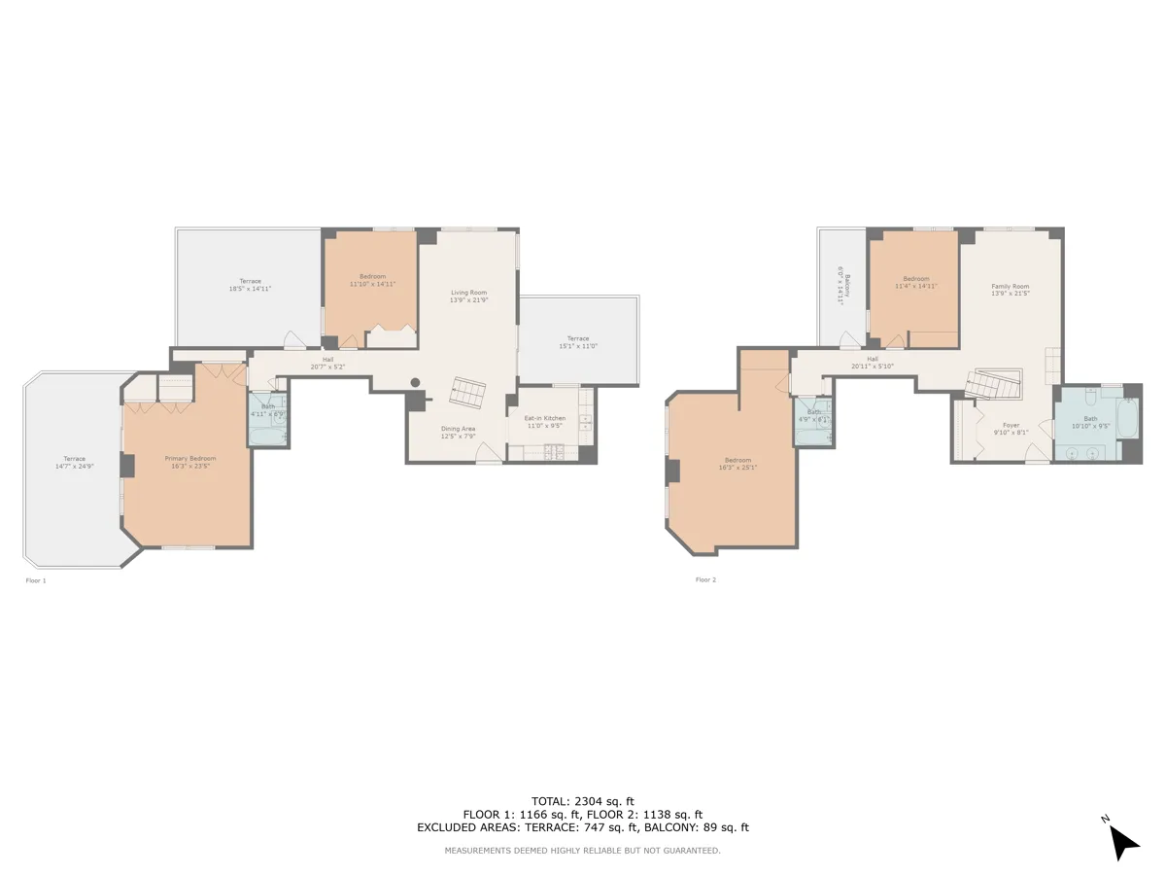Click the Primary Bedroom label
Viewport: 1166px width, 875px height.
point(189,462)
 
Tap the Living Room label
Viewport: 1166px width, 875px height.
point(468,296)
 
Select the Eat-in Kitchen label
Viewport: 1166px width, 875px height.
point(544,421)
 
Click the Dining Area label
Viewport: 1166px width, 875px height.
point(458,432)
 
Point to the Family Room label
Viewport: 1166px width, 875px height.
point(1010,290)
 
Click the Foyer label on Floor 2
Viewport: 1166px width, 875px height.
point(1011,429)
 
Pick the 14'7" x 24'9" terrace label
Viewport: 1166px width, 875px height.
point(74,462)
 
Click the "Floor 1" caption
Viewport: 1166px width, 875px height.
point(36,580)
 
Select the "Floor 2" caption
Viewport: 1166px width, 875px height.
point(705,580)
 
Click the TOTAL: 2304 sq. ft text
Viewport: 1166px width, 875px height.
point(582,800)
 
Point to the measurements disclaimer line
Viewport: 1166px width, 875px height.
point(582,851)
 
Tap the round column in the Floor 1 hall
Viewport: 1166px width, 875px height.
point(415,382)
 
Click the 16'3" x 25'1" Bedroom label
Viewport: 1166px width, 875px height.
point(737,464)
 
